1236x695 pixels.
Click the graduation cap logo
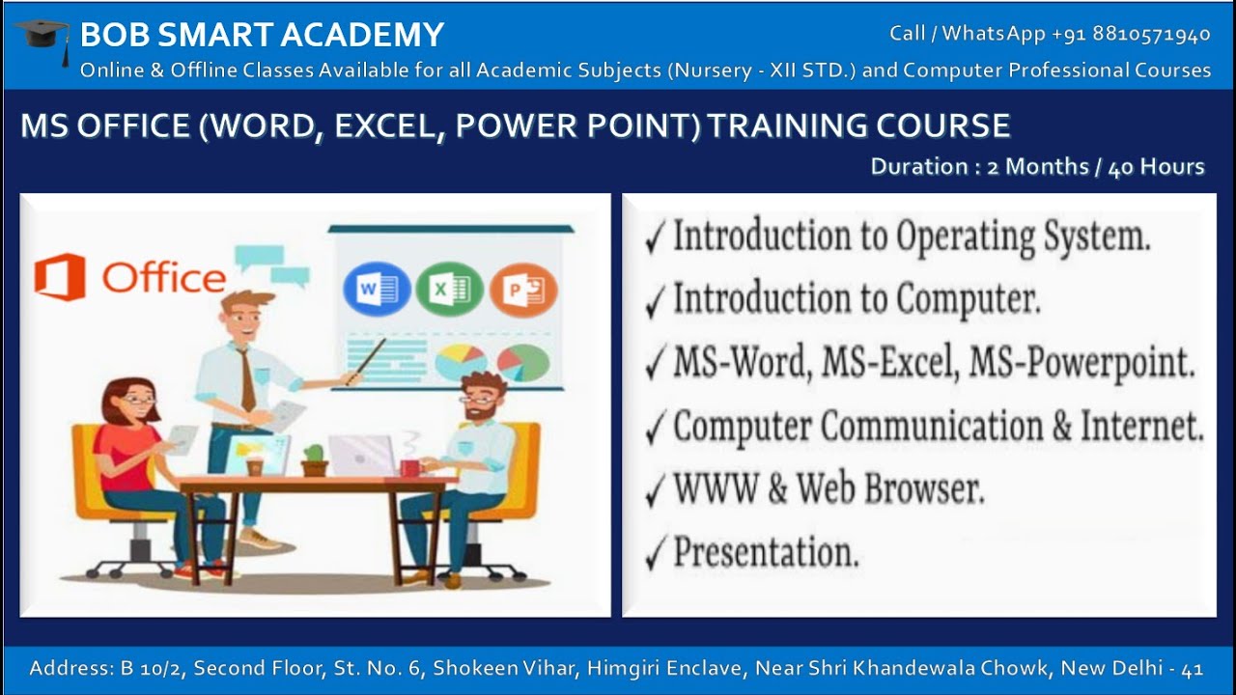(42, 39)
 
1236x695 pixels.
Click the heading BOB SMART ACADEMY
(262, 35)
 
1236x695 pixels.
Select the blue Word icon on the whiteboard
(376, 290)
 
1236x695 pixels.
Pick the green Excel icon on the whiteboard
(449, 290)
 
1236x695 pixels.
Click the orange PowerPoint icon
(522, 290)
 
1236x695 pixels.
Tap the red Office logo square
(59, 278)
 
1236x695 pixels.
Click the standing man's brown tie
(247, 378)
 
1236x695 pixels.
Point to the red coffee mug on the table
(409, 467)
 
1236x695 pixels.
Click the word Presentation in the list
(766, 553)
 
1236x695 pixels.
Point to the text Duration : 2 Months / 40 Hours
(1037, 167)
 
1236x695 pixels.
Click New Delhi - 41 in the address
(1132, 668)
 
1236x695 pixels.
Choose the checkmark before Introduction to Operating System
(656, 239)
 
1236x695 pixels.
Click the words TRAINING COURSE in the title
(858, 125)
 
